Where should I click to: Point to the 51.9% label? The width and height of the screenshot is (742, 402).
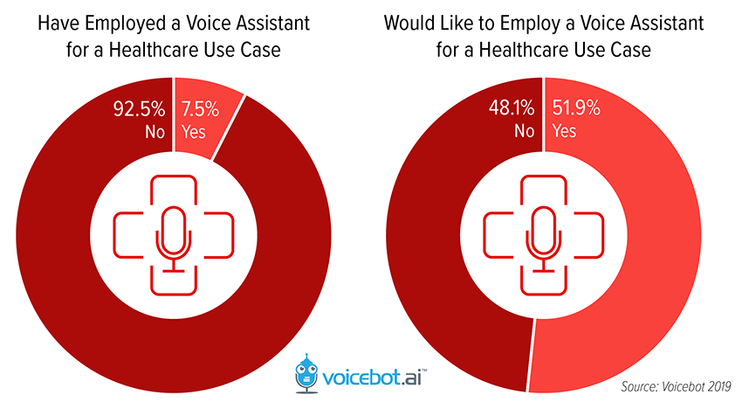pos(576,111)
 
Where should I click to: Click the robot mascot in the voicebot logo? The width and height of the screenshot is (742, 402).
pos(307,371)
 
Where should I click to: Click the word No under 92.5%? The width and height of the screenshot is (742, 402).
pos(154,131)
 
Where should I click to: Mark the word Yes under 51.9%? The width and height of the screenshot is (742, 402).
pos(566,131)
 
